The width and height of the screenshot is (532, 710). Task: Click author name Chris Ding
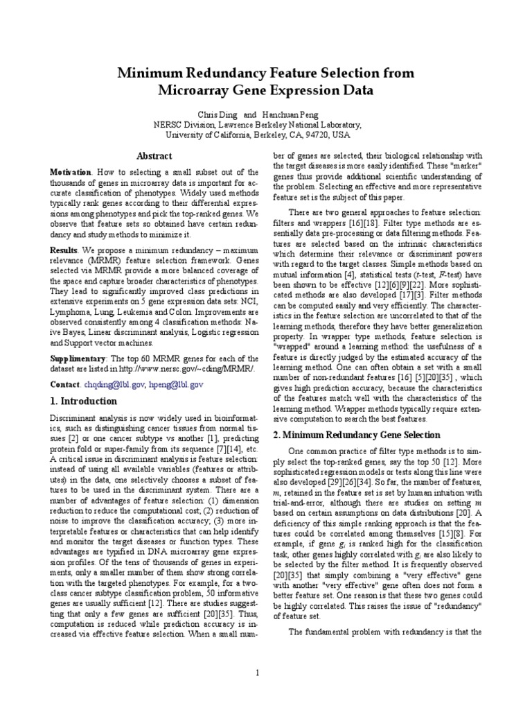pos(216,114)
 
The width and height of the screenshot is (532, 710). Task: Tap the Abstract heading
pos(154,156)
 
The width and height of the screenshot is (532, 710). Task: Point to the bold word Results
pos(64,249)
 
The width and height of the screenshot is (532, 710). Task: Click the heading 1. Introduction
pos(84,401)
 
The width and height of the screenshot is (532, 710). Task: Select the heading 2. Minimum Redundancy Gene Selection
pos(357,435)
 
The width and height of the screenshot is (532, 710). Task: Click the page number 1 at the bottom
pos(256,672)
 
